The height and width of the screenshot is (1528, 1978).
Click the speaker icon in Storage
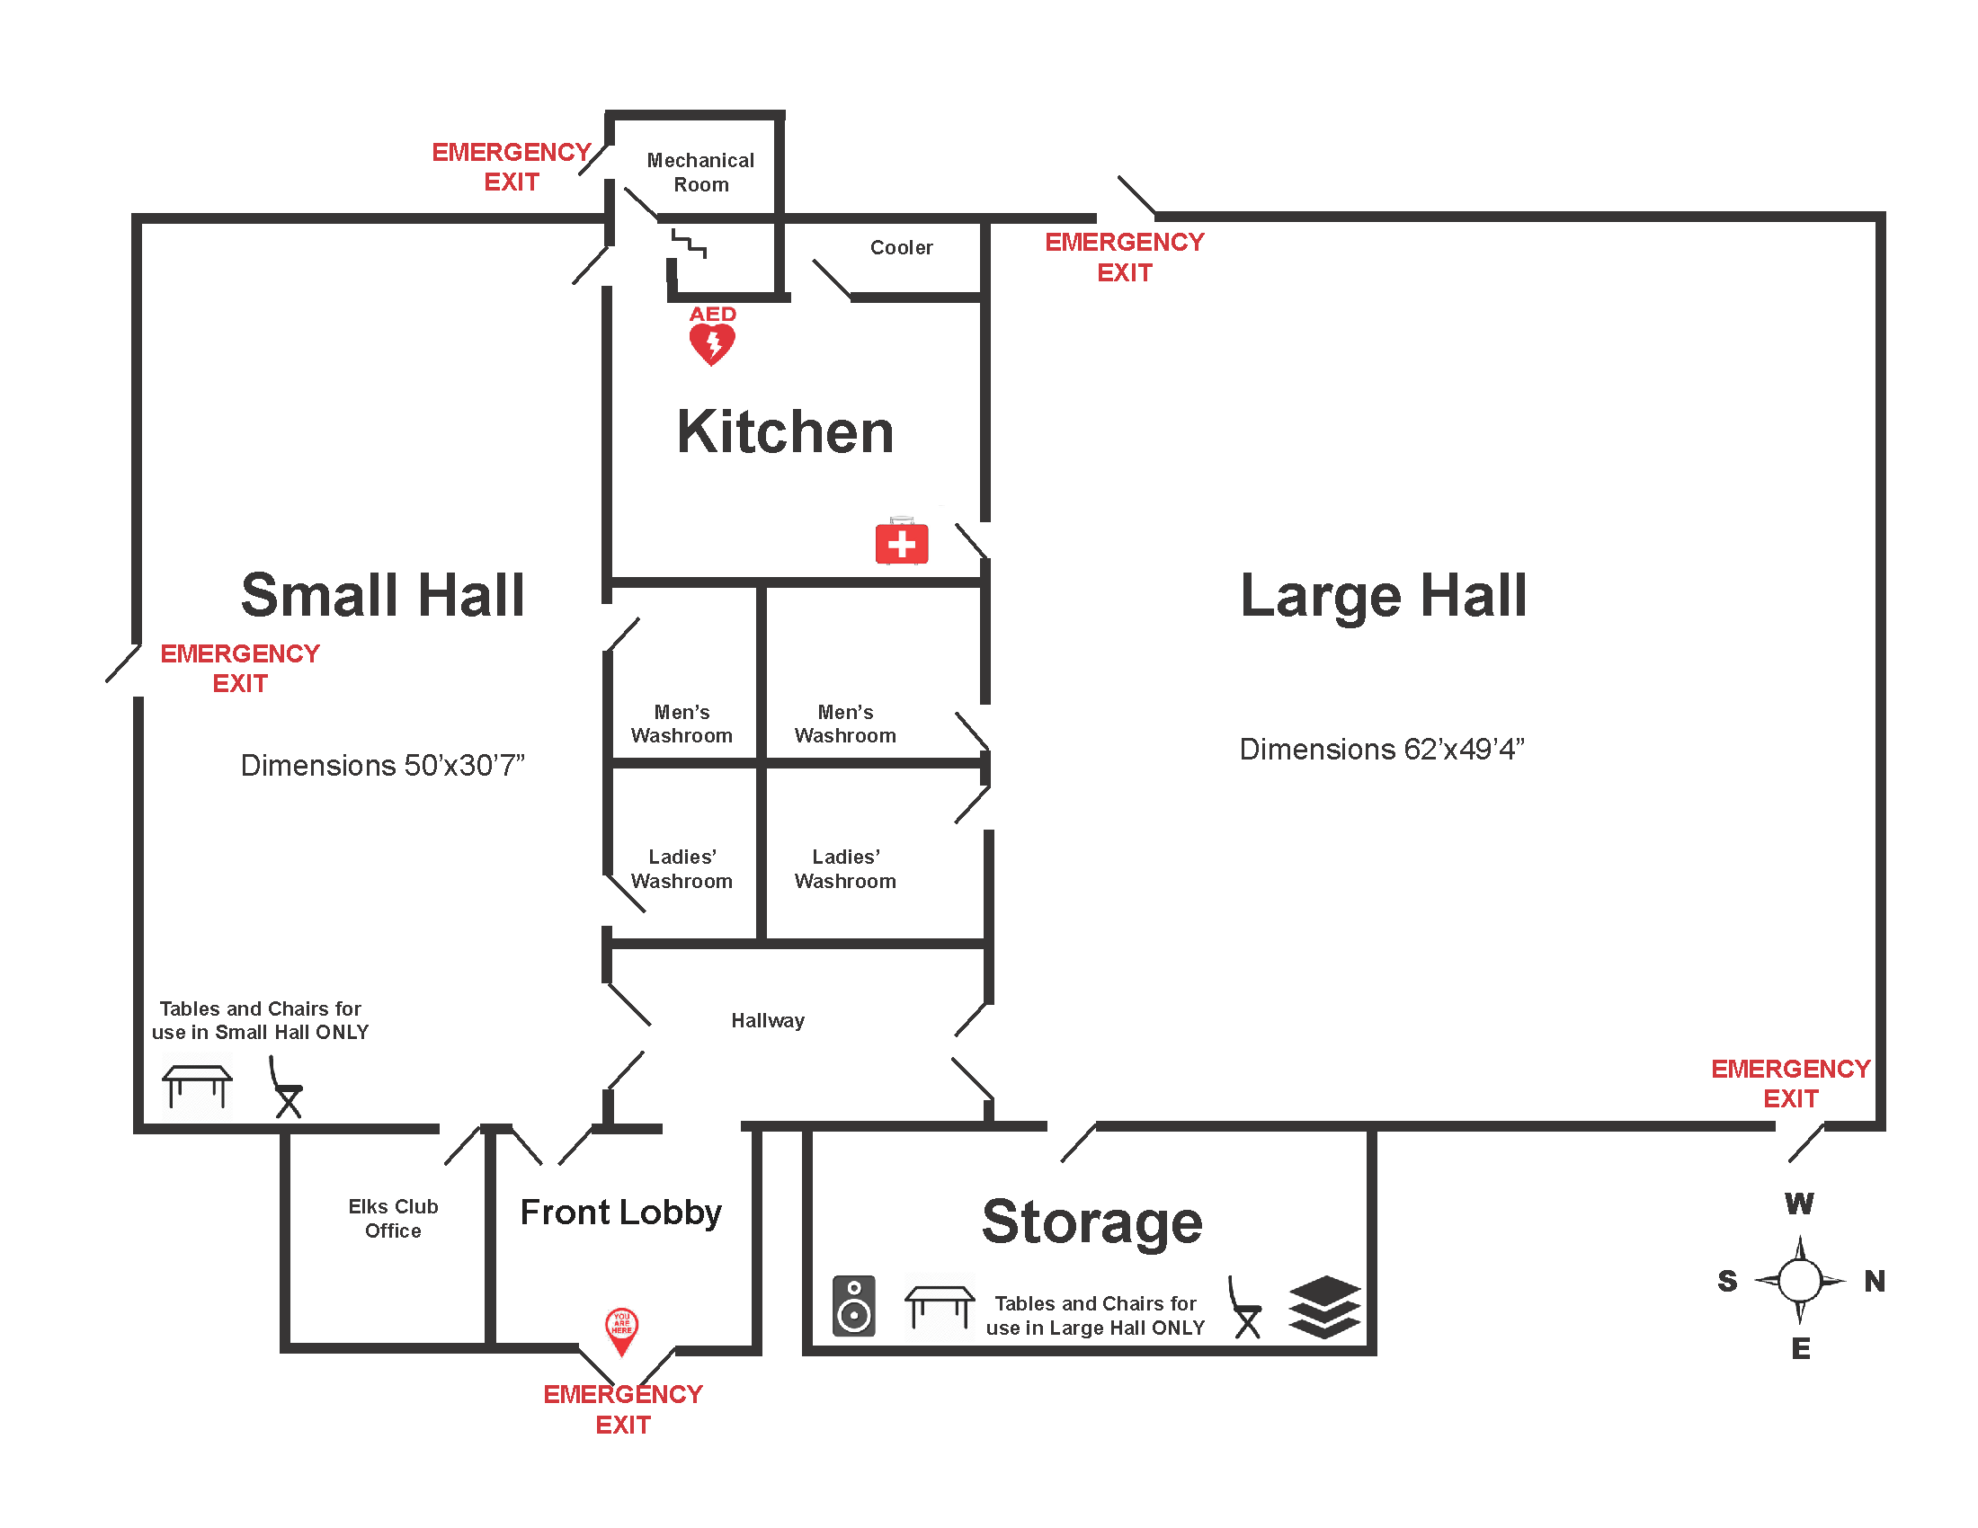point(854,1305)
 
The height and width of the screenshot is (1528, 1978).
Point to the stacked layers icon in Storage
point(1324,1306)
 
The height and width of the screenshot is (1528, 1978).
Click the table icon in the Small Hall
point(198,1086)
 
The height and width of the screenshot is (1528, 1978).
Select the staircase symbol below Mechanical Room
point(689,244)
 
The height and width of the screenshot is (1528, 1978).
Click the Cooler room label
point(901,247)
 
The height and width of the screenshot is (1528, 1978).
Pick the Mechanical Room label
point(700,172)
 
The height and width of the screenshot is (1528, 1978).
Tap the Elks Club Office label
point(393,1218)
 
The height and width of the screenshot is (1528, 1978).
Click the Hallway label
point(768,1020)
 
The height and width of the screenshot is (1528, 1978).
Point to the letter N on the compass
point(1875,1281)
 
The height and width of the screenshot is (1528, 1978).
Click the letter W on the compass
point(1800,1203)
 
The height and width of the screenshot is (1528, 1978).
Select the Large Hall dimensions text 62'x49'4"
point(1382,749)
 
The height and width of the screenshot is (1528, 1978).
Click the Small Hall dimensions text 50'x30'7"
point(382,765)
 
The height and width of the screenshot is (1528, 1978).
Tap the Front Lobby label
point(621,1212)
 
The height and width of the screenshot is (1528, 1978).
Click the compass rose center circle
point(1800,1281)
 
